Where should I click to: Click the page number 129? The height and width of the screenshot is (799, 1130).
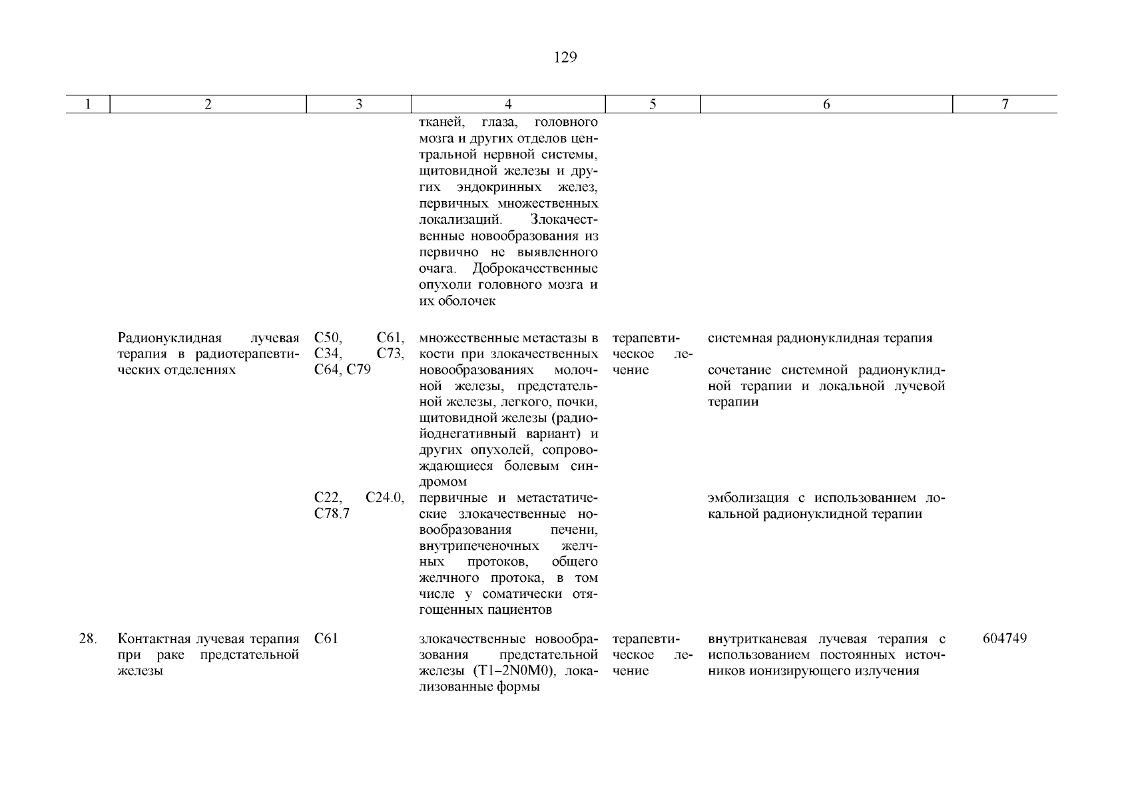565,58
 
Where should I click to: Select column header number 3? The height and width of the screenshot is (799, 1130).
359,105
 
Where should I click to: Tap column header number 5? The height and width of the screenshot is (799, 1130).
653,105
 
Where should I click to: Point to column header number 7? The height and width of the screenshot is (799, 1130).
1005,105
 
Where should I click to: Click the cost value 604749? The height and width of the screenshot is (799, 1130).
1005,639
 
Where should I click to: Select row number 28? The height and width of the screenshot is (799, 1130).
88,639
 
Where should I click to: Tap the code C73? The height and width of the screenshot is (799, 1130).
390,354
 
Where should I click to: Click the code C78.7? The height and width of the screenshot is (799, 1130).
332,515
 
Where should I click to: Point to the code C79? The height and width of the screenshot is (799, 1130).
358,370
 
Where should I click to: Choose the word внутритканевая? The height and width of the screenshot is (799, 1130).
757,639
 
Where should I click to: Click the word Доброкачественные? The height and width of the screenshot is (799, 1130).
535,269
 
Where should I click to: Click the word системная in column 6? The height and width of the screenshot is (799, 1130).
736,338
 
